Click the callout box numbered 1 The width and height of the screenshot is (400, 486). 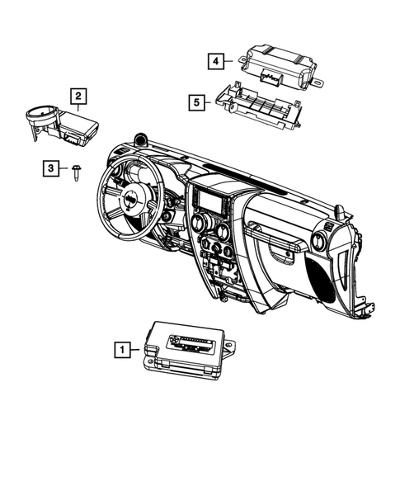click(x=122, y=350)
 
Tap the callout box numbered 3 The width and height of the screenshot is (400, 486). click(x=51, y=168)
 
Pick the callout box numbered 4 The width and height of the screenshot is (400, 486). click(x=214, y=59)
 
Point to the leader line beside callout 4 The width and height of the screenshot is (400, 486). click(x=231, y=59)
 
